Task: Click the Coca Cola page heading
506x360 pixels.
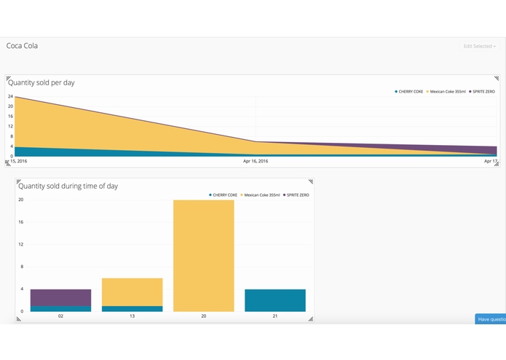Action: pos(22,46)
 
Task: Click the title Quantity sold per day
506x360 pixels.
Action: pos(41,82)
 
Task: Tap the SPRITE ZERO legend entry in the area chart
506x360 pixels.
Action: pos(481,92)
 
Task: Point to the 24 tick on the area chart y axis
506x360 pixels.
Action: pos(10,97)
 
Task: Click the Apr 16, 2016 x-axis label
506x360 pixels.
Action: pos(256,161)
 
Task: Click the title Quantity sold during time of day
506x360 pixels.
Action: pos(67,186)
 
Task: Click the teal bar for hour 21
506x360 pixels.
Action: pos(274,300)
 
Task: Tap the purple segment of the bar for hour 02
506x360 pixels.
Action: pos(60,297)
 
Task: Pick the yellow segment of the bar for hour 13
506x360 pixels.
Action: pos(132,291)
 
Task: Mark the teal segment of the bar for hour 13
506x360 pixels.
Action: pos(132,308)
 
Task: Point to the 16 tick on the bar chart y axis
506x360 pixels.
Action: pos(20,222)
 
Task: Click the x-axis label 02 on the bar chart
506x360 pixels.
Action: pos(60,317)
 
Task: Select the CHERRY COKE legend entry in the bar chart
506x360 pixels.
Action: pos(224,195)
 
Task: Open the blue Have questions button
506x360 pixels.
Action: pos(490,319)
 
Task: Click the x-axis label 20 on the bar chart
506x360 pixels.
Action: pos(203,317)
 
